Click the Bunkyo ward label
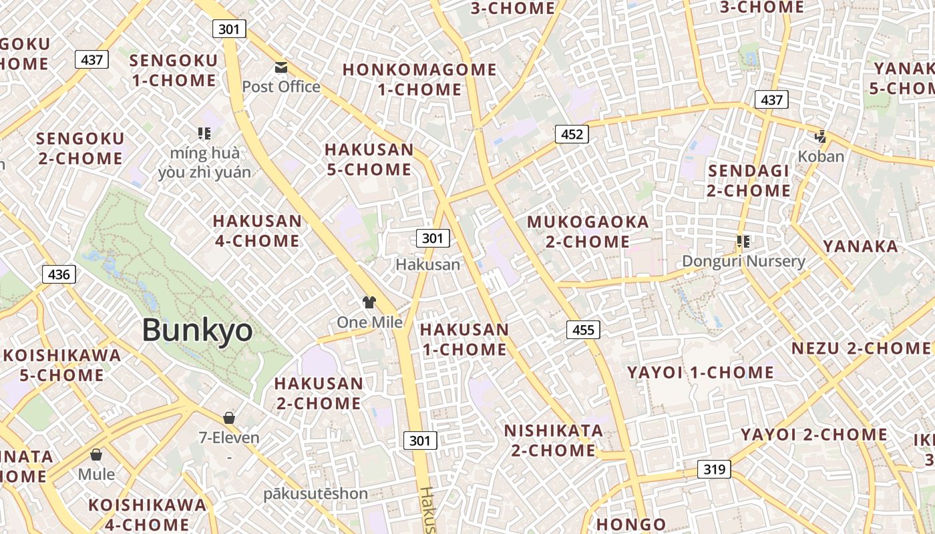point(198,330)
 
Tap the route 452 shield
point(572,134)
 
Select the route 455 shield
point(583,329)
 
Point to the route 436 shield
point(59,274)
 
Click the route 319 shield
point(714,469)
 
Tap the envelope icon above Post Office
point(280,67)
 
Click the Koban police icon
point(820,137)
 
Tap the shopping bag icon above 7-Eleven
point(229,418)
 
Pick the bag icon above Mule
point(96,455)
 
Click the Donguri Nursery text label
point(743,261)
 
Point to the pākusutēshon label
point(315,494)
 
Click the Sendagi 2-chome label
point(749,180)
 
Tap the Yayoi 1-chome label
point(700,372)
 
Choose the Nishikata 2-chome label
point(554,440)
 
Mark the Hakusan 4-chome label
point(257,230)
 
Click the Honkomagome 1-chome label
point(419,79)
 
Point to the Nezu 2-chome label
point(860,348)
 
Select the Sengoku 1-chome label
point(174,70)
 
